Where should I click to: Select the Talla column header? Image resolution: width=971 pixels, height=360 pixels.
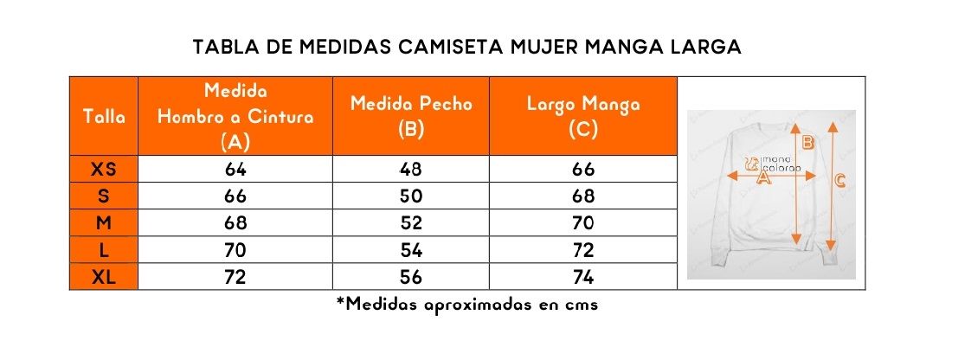tap(104, 117)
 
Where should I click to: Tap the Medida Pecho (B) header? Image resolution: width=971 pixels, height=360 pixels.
tap(411, 116)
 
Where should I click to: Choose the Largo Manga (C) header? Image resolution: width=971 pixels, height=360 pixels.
tap(582, 116)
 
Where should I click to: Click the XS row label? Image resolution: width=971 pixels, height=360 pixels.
tap(104, 169)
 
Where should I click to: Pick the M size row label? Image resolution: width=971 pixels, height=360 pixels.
tap(104, 223)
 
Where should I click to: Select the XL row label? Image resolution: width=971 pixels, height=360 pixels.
tap(104, 277)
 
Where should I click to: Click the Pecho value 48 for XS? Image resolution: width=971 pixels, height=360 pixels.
tap(411, 169)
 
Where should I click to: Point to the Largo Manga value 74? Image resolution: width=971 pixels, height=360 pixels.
tap(582, 277)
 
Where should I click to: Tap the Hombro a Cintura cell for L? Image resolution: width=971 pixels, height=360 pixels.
tap(235, 250)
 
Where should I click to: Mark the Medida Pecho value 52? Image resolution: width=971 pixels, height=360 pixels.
tap(411, 223)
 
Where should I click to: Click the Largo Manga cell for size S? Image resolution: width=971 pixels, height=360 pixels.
tap(582, 196)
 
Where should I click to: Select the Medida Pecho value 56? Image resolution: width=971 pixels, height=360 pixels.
tap(411, 277)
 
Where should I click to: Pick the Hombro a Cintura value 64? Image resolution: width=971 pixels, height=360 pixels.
tap(235, 169)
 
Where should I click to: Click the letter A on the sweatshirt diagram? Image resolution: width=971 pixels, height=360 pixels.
tap(763, 179)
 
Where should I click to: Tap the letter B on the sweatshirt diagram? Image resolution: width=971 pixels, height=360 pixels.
tap(807, 143)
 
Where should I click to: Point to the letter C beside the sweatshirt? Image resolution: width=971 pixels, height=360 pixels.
tap(840, 180)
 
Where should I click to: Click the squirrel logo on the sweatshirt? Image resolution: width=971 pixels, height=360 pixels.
tap(752, 164)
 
